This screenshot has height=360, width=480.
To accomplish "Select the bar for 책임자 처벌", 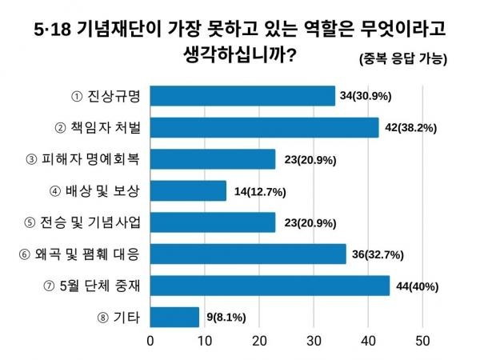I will pos(265,127).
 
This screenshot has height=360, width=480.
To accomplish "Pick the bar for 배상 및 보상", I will pos(189,190).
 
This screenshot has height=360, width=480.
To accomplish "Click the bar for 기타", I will pos(175,318).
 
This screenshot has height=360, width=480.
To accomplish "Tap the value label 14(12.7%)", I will pos(258,191).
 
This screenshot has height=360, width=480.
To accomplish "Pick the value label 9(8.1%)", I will pos(226,318).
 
